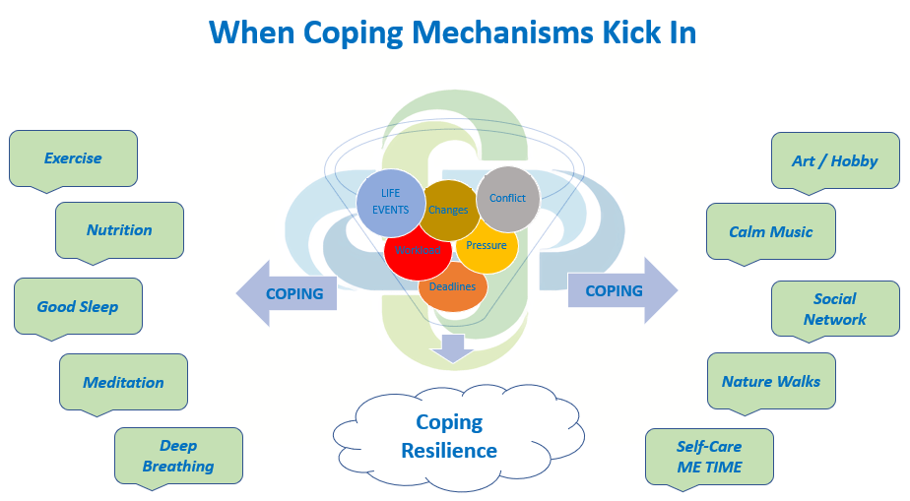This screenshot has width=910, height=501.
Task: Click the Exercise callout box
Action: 73,157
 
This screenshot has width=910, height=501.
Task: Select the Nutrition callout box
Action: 119,229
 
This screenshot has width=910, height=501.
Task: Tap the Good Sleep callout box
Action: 78,306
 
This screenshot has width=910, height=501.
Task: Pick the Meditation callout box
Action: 123,382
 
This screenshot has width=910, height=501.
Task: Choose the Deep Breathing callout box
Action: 178,456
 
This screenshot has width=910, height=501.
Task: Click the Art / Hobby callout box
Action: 834,160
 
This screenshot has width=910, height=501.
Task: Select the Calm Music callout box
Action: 770,231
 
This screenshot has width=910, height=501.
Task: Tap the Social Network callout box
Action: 834,308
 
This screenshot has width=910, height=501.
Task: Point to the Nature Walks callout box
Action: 771,381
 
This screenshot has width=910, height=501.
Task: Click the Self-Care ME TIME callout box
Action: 709,457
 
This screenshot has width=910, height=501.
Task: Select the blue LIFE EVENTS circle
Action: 389,202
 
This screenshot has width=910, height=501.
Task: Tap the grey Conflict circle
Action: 508,198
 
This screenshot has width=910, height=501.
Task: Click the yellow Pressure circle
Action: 487,245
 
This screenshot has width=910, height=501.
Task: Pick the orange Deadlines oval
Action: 453,286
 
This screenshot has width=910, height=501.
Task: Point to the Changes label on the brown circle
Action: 448,211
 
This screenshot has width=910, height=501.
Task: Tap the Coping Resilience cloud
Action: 449,436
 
